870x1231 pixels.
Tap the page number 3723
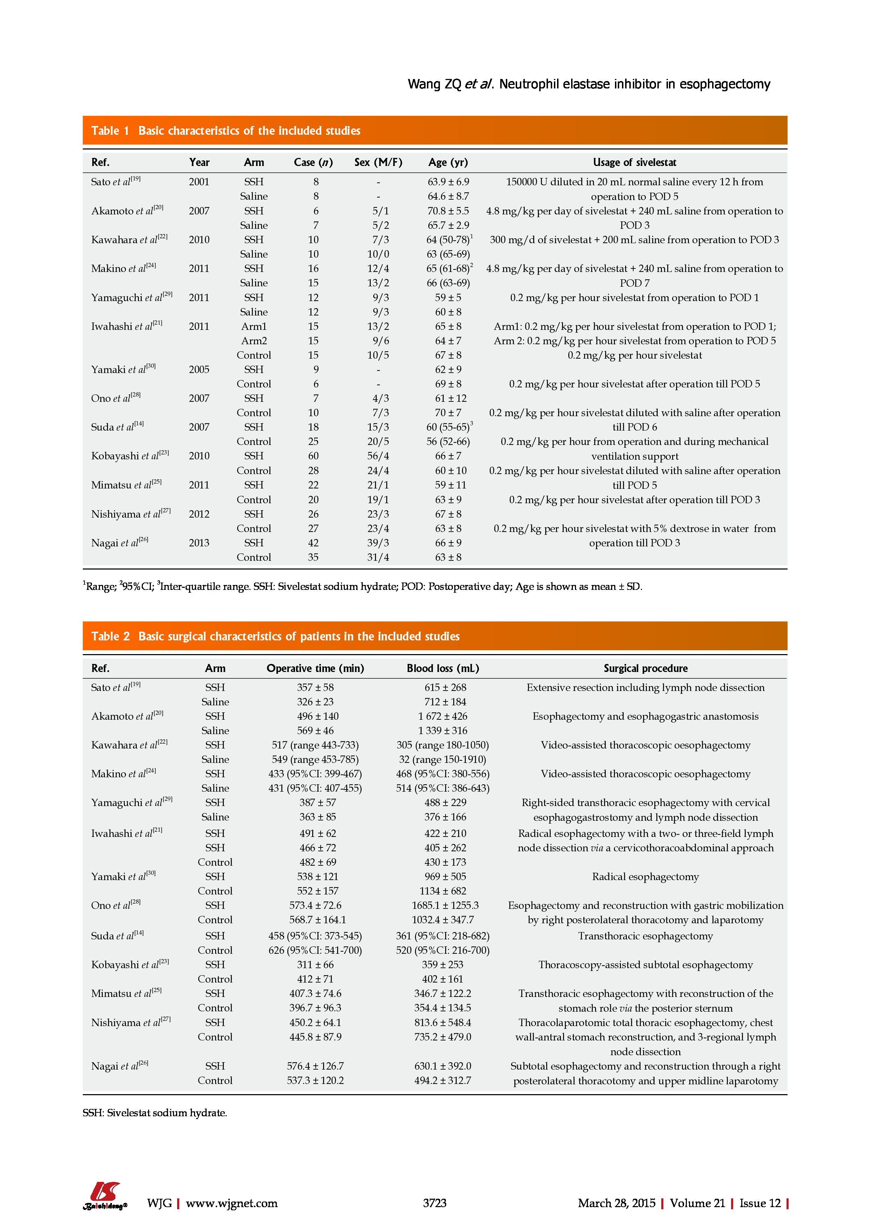click(434, 1203)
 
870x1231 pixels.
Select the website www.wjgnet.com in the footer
click(232, 1203)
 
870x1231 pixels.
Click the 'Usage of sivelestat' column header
click(634, 162)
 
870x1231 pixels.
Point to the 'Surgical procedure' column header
click(645, 668)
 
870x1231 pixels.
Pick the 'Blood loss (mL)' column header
click(443, 668)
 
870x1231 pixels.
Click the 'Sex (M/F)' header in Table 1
click(378, 162)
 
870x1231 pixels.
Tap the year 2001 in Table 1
click(199, 182)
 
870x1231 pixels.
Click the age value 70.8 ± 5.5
click(448, 211)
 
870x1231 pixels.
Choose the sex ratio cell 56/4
click(378, 456)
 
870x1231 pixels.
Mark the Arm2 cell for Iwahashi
click(254, 340)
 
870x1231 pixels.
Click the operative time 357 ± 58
click(315, 687)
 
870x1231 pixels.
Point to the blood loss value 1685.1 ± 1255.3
click(445, 905)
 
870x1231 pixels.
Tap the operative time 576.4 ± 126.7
click(315, 1066)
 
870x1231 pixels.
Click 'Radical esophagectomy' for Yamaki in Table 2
click(645, 876)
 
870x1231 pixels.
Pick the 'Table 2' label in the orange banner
click(111, 637)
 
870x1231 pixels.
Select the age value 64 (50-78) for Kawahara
click(448, 240)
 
